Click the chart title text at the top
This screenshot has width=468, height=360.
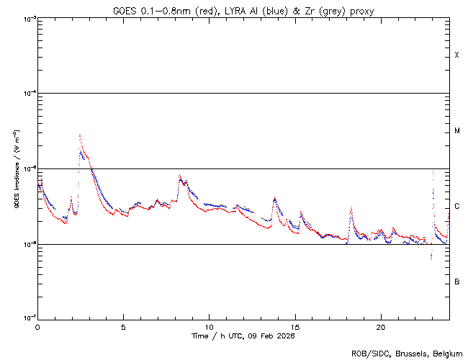(243, 10)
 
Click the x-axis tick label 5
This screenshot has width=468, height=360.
(123, 327)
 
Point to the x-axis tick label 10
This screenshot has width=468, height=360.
(209, 327)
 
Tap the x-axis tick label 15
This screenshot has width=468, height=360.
(294, 327)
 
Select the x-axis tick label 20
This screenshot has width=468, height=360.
(380, 327)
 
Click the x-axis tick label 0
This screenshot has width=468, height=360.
(37, 327)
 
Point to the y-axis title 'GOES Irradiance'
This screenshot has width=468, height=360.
(16, 170)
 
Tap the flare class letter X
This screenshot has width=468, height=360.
(457, 55)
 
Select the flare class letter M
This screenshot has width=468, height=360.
(457, 131)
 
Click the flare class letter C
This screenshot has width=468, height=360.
(457, 207)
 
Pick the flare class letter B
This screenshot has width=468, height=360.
(457, 282)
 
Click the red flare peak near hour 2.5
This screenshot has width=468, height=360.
(79, 135)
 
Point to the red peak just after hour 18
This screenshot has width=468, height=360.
(351, 207)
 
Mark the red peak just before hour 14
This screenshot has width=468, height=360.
(274, 197)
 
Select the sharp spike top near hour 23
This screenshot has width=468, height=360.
(432, 171)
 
